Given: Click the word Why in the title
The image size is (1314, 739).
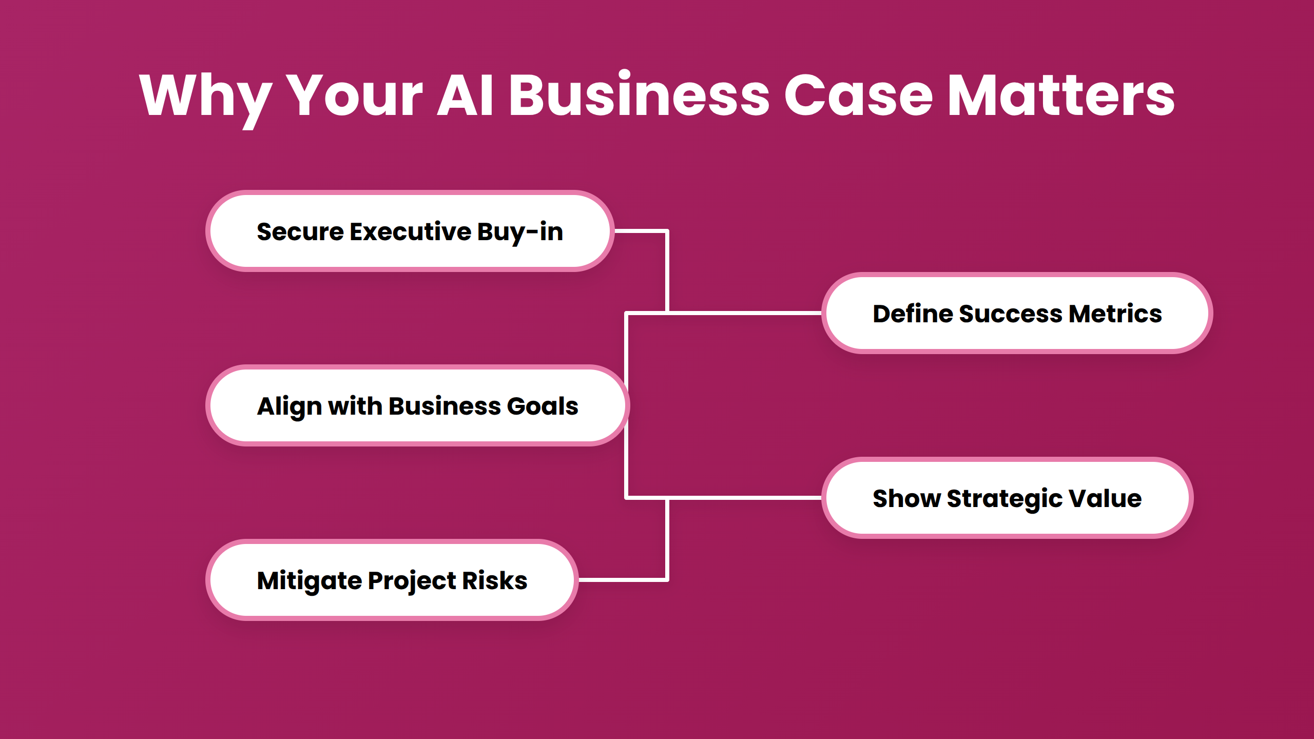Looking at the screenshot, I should click(205, 96).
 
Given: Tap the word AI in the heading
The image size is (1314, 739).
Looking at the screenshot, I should click(465, 95).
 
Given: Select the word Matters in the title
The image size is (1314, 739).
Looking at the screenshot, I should click(1060, 95).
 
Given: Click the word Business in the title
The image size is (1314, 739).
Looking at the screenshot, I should click(639, 95).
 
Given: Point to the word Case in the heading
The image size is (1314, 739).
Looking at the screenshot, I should click(858, 95).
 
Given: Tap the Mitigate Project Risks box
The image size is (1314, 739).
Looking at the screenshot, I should click(392, 580).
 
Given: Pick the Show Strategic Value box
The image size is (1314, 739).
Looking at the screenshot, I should click(1007, 498).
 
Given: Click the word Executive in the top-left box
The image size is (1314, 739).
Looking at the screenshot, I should click(410, 231).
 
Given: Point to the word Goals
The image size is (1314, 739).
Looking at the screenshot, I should click(542, 406).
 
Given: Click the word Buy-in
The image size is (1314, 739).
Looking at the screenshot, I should click(519, 232).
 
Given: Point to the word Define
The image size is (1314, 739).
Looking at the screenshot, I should click(912, 314).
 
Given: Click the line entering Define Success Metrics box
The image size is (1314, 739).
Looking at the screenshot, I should click(744, 313).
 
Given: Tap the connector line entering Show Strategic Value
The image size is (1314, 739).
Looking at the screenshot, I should click(744, 497).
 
